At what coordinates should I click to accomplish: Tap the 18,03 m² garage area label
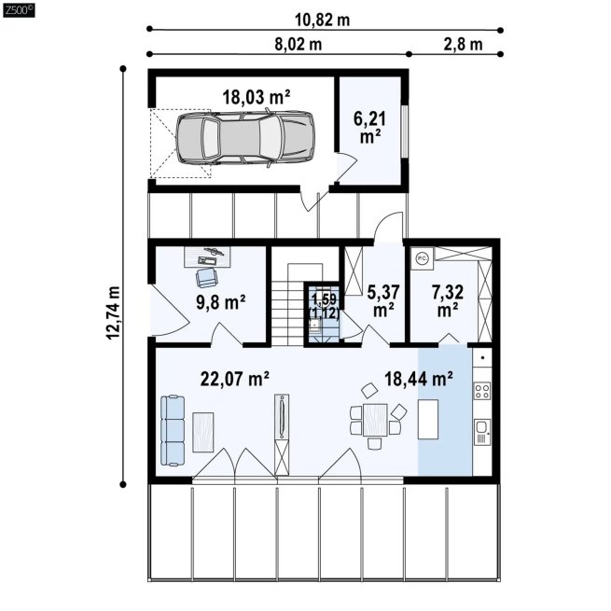pyautogui.click(x=256, y=97)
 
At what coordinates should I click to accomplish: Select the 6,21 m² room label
pyautogui.click(x=369, y=127)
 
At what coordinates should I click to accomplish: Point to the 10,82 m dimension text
pyautogui.click(x=322, y=20)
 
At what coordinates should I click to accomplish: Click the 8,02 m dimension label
pyautogui.click(x=299, y=45)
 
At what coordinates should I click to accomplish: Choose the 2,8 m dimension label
pyautogui.click(x=463, y=45)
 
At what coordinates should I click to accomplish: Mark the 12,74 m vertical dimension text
pyautogui.click(x=114, y=312)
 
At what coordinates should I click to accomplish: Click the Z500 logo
pyautogui.click(x=19, y=10)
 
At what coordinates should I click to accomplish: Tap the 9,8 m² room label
pyautogui.click(x=220, y=302)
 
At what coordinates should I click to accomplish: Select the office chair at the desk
pyautogui.click(x=206, y=277)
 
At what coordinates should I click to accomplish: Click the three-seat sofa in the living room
pyautogui.click(x=173, y=430)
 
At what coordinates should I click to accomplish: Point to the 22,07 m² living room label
pyautogui.click(x=234, y=379)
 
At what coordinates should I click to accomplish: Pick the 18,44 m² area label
pyautogui.click(x=419, y=379)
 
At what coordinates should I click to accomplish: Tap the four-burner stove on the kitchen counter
pyautogui.click(x=482, y=391)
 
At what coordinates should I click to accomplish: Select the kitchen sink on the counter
pyautogui.click(x=482, y=432)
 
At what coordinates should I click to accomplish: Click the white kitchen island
pyautogui.click(x=428, y=419)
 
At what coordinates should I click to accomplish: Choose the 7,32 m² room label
pyautogui.click(x=448, y=300)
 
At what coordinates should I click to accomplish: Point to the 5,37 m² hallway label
pyautogui.click(x=383, y=300)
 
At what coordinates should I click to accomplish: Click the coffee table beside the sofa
pyautogui.click(x=203, y=433)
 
